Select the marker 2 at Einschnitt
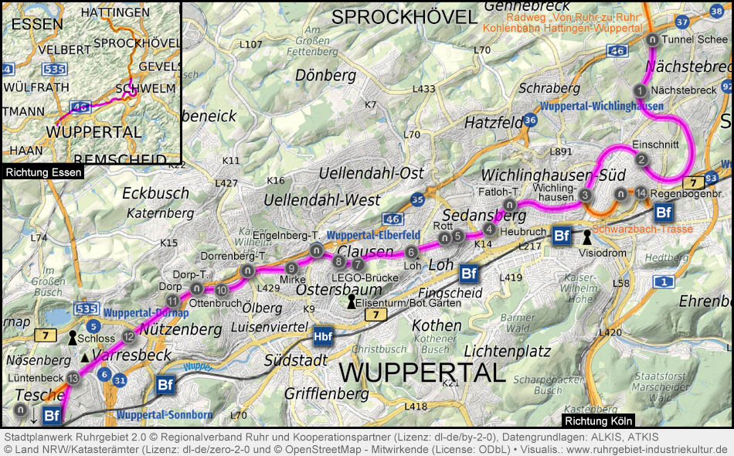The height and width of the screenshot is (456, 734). (641, 160)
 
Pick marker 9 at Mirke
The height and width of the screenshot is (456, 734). (291, 268)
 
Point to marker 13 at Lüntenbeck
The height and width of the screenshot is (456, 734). (73, 378)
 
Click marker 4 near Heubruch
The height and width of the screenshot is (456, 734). (489, 229)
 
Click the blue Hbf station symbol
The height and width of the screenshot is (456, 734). (324, 336)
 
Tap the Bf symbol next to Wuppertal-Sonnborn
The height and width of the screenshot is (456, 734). (165, 384)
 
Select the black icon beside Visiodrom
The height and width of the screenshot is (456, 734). (587, 236)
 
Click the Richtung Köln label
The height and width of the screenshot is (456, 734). (598, 421)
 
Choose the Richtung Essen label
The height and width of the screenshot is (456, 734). (42, 172)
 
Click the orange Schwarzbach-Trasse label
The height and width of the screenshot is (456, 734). (637, 230)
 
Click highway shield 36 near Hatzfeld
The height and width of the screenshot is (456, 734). (529, 121)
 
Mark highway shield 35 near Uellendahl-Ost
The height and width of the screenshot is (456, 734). (417, 200)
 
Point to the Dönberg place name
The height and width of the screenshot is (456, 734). (325, 76)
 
